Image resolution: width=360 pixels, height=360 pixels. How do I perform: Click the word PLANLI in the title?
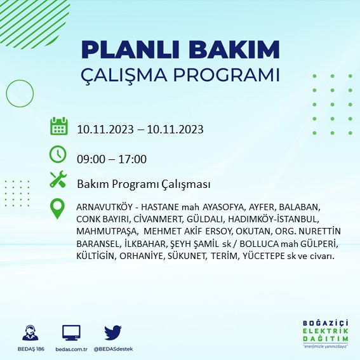(x=130, y=50)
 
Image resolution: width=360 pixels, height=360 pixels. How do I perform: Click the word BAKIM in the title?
(x=234, y=50)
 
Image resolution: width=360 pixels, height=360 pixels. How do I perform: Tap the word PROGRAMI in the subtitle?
(x=226, y=75)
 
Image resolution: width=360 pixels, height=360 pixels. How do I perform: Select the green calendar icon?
(x=59, y=126)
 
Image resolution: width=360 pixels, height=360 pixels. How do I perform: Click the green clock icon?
(x=58, y=154)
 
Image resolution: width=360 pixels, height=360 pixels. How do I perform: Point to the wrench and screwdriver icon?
(x=58, y=179)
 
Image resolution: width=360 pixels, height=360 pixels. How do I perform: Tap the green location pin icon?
(x=57, y=208)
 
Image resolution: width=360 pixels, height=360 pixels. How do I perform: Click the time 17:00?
(x=132, y=159)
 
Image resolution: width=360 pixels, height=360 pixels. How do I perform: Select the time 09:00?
(x=91, y=159)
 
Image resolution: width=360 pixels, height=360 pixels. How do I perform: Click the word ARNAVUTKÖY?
(x=105, y=207)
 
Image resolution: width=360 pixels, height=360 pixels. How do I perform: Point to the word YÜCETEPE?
(x=263, y=256)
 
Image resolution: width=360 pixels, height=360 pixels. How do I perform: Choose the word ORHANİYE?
(x=142, y=256)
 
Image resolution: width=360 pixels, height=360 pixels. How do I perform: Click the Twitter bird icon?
(x=113, y=332)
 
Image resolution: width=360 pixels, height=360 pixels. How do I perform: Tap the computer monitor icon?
(x=71, y=333)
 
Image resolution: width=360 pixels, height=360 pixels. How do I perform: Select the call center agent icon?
(x=30, y=333)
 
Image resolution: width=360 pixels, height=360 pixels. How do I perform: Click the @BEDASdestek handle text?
(x=113, y=349)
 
